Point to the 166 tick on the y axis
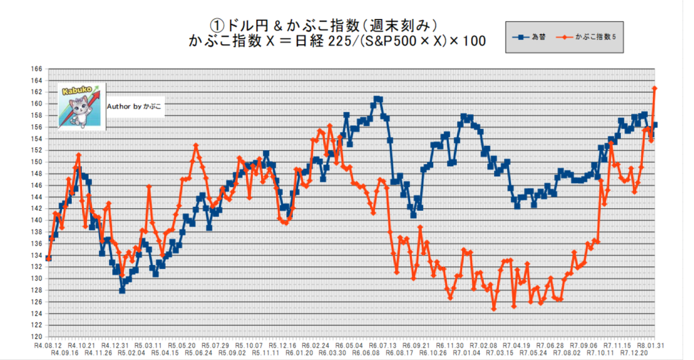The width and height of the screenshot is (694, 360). (x=36, y=68)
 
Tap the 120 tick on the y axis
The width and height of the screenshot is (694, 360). (x=36, y=336)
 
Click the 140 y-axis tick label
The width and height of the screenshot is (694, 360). (x=36, y=220)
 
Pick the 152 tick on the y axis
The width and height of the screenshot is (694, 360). (x=36, y=150)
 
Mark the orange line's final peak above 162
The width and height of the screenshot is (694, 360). (x=655, y=88)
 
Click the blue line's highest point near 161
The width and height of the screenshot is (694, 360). (x=377, y=99)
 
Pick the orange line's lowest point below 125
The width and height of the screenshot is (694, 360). (x=494, y=308)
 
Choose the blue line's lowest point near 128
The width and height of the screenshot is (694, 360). (x=122, y=290)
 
